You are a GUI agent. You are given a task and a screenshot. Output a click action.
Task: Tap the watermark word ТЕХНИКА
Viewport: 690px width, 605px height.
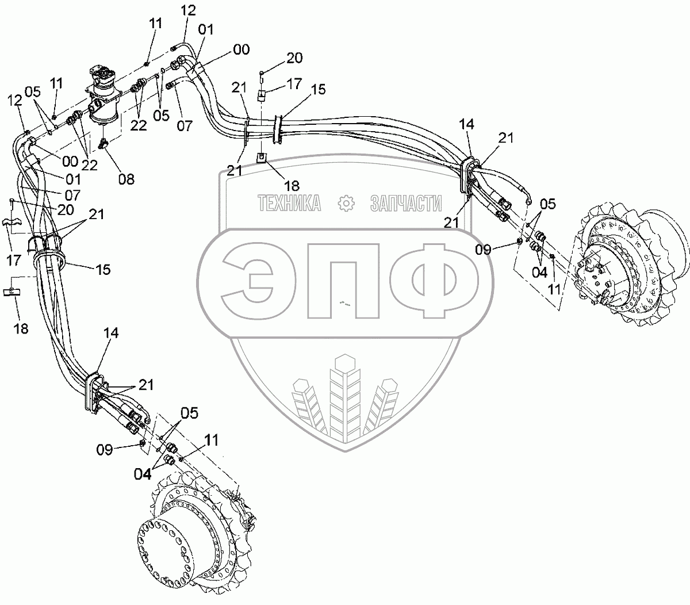pyautogui.click(x=290, y=204)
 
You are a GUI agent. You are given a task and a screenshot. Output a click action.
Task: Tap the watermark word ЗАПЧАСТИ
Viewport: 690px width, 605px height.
pyautogui.click(x=407, y=204)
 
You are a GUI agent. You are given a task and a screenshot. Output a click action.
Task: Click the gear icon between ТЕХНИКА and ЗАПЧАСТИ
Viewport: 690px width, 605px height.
pyautogui.click(x=345, y=204)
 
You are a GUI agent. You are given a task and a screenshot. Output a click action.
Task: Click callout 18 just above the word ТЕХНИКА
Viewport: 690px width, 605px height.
pyautogui.click(x=292, y=185)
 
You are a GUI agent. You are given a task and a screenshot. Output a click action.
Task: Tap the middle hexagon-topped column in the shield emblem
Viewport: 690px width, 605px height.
pyautogui.click(x=344, y=397)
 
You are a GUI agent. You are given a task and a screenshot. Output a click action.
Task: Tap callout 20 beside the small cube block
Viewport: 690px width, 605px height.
pyautogui.click(x=295, y=58)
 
